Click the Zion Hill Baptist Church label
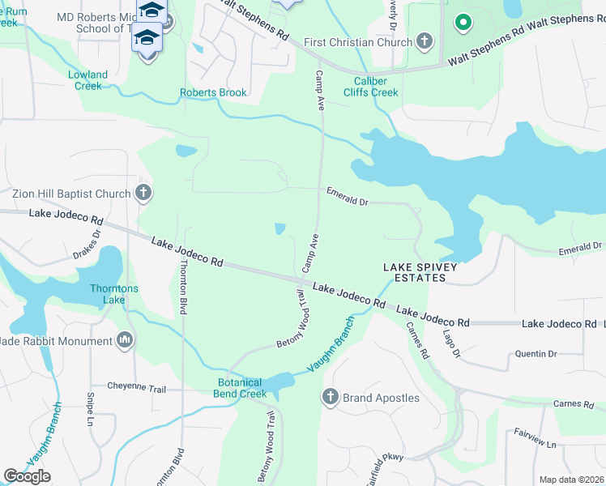[x=71, y=194]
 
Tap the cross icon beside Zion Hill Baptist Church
[x=143, y=193]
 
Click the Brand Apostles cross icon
[x=330, y=397]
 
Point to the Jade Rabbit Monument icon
[x=126, y=339]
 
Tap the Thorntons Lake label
[x=114, y=294]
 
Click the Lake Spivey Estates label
[x=415, y=272]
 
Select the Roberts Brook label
[x=214, y=92]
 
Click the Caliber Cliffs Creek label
[x=377, y=87]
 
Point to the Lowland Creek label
[x=87, y=80]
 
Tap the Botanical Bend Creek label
[x=241, y=388]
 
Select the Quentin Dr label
[x=536, y=354]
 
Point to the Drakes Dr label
[x=88, y=244]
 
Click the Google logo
[x=28, y=475]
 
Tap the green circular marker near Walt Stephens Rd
[x=463, y=23]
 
